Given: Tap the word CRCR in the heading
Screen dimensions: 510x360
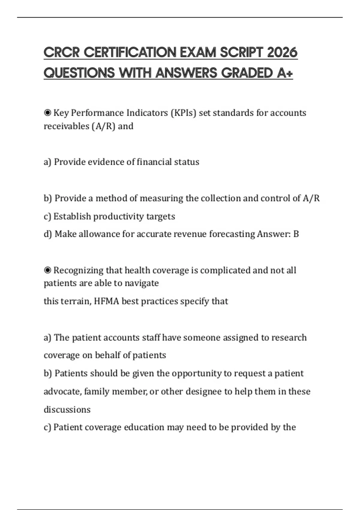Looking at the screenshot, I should coord(61,52).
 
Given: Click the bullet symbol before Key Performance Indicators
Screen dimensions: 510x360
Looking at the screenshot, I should coord(47,113).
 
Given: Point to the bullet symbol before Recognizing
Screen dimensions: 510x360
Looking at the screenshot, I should coord(47,270).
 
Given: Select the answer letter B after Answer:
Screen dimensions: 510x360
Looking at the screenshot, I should coord(296,234).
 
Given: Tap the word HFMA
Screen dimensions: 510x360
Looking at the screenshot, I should coord(106,301).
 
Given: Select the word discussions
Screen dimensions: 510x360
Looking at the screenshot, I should coord(67,409).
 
